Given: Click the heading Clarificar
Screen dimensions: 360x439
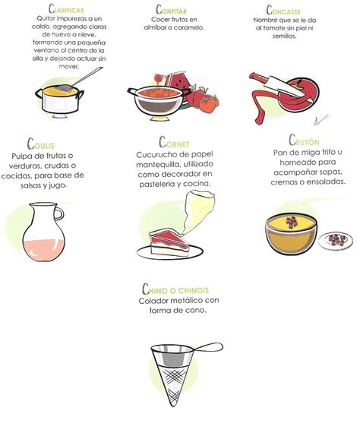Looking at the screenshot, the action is tap(66, 9).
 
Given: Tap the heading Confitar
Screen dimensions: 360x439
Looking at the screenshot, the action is tap(172, 10).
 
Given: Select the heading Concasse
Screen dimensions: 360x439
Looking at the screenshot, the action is tap(283, 11).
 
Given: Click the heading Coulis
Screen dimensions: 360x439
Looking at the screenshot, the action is tap(41, 144).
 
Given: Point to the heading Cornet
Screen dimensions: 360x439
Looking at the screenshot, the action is tap(174, 142).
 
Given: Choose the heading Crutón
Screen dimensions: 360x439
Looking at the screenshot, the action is tap(304, 141).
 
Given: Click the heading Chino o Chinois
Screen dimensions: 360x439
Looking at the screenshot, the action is tap(175, 289).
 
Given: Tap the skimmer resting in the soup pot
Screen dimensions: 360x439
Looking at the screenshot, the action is tap(79, 81).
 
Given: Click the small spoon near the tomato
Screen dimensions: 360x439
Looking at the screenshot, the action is tap(321, 119).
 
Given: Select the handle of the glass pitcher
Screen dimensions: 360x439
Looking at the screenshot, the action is tap(59, 214).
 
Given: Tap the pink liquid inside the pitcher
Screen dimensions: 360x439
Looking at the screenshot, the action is tap(43, 250).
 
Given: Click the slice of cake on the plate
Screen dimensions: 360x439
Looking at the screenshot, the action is tap(169, 242).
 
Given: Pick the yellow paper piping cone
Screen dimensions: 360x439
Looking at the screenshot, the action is tap(198, 210).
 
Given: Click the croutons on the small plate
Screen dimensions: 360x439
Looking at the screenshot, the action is tap(338, 240).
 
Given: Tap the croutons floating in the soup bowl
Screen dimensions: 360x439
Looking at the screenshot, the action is tap(292, 222).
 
